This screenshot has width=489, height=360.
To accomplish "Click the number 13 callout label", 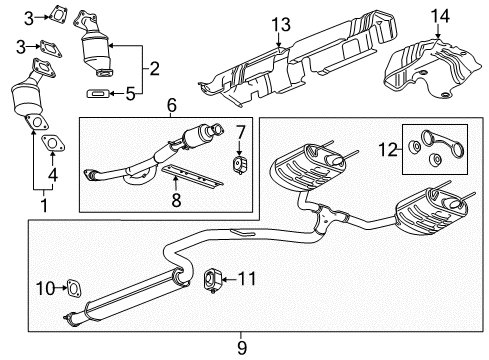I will (x=280, y=24).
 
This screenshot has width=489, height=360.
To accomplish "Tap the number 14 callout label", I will (x=440, y=16).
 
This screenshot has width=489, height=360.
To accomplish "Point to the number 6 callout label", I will (x=171, y=103).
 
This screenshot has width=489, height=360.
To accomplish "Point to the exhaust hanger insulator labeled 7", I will (x=240, y=164).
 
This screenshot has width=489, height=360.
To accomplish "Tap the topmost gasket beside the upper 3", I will (x=58, y=14).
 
